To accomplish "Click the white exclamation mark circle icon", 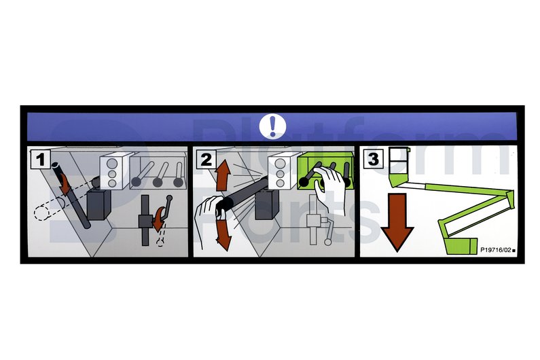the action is (x=272, y=126).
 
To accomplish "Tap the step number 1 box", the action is (x=41, y=159).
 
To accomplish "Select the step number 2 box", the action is (x=206, y=159).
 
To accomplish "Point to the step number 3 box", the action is (x=374, y=159).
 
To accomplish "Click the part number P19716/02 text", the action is (x=496, y=250).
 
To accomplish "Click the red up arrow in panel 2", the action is (x=223, y=176).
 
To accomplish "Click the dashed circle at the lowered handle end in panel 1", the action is (x=43, y=213).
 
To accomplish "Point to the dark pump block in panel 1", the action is (x=99, y=204).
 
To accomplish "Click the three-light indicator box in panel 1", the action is (x=113, y=172).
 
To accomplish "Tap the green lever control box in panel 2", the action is (x=325, y=172).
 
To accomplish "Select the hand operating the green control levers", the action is (x=330, y=187).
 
